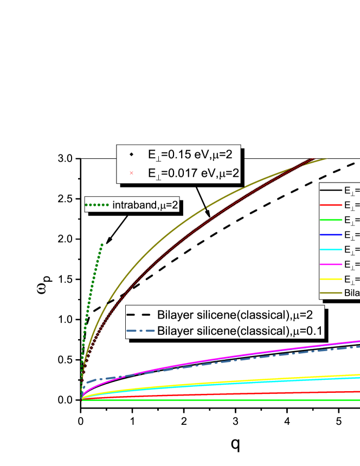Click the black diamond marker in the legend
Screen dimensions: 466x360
pyautogui.click(x=131, y=154)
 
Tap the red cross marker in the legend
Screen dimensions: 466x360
pyautogui.click(x=131, y=173)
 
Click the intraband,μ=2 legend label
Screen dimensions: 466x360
pyautogui.click(x=145, y=205)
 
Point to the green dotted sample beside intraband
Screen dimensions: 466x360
pyautogui.click(x=98, y=205)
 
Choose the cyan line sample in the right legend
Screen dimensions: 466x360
pyautogui.click(x=331, y=249)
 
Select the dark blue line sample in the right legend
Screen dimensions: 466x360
pyautogui.click(x=331, y=235)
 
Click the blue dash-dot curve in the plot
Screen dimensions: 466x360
pyautogui.click(x=271, y=355)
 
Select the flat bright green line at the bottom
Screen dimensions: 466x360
pyautogui.click(x=217, y=400)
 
